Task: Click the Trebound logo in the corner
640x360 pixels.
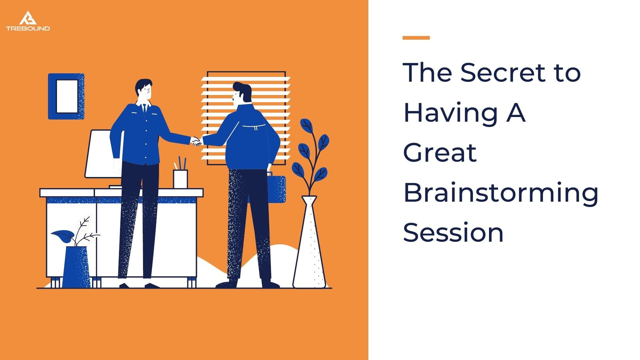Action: [x=28, y=21]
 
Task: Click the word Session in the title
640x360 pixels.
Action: [x=453, y=232]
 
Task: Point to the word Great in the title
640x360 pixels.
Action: [x=440, y=152]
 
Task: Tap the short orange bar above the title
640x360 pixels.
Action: [x=416, y=38]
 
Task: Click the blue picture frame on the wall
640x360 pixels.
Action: [x=66, y=96]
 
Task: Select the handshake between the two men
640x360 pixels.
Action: [x=197, y=141]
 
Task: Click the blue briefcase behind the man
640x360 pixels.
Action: [x=277, y=188]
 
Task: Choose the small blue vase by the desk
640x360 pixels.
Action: [x=76, y=267]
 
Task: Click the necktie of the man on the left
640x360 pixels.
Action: [x=144, y=109]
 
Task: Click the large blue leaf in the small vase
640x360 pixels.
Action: [x=63, y=236]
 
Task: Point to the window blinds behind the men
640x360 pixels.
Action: [x=246, y=118]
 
